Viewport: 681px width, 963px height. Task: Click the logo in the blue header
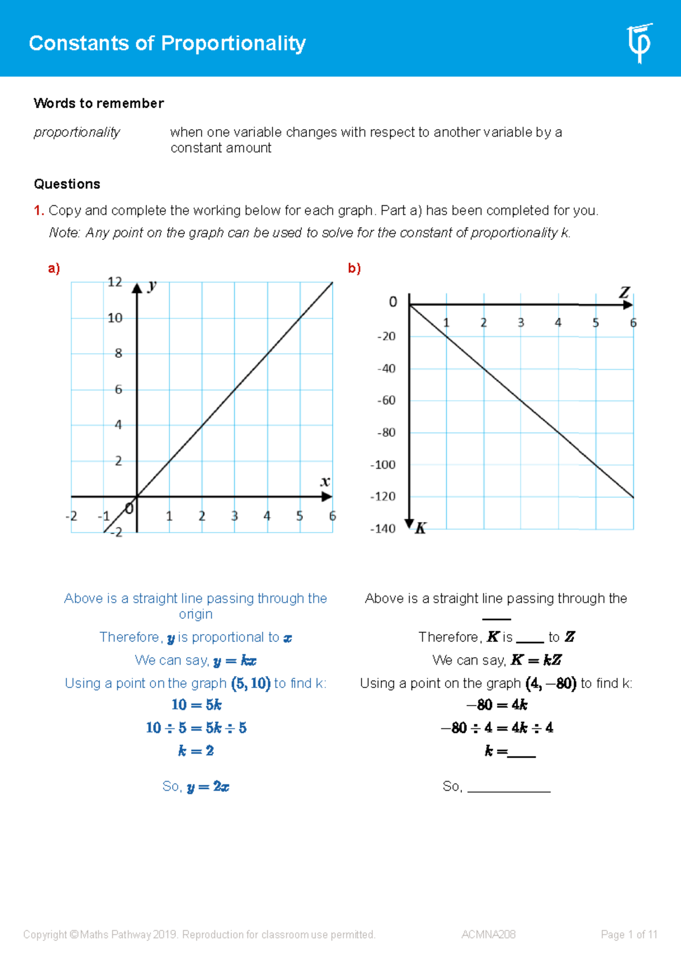[x=640, y=43]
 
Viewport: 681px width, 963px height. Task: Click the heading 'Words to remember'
[x=99, y=103]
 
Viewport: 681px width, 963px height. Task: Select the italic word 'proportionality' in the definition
[x=77, y=132]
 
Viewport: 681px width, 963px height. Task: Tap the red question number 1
[x=39, y=210]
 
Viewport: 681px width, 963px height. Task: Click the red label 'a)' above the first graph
[x=54, y=268]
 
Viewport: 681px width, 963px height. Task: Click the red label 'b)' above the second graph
[x=354, y=268]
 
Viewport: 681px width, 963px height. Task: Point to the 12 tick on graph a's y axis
[x=115, y=282]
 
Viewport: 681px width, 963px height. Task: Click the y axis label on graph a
[x=152, y=285]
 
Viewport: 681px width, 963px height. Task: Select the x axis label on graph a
[x=325, y=482]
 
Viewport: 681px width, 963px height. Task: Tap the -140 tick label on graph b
[x=383, y=529]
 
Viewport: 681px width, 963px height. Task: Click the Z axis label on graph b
[x=624, y=293]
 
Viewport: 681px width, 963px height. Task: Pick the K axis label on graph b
[x=421, y=529]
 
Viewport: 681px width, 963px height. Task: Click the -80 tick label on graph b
[x=386, y=433]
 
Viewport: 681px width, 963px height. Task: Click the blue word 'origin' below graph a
[x=196, y=614]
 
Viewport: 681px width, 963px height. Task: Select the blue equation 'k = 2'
[x=196, y=751]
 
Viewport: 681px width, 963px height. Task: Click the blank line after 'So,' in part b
[x=509, y=788]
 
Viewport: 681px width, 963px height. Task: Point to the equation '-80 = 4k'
[x=497, y=705]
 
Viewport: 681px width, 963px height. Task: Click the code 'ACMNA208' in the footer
[x=489, y=935]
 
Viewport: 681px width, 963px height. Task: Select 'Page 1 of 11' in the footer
[x=629, y=935]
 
